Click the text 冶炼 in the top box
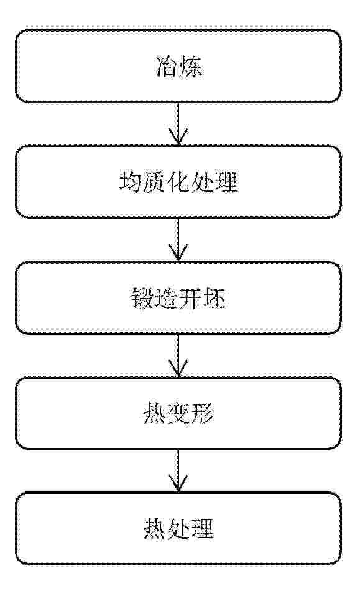click(x=179, y=67)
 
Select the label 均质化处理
click(x=178, y=182)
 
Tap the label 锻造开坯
click(x=178, y=298)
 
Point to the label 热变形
click(x=178, y=414)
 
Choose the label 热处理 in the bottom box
click(x=178, y=529)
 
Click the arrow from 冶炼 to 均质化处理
click(x=178, y=124)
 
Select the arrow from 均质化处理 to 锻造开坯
click(x=178, y=240)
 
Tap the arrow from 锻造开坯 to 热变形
click(x=178, y=355)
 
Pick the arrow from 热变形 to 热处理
click(x=178, y=471)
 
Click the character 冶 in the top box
click(x=167, y=67)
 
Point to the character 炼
click(x=191, y=67)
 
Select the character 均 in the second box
click(x=131, y=182)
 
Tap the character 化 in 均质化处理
click(x=178, y=182)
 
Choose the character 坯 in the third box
click(x=215, y=298)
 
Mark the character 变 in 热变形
click(x=178, y=414)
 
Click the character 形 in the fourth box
click(x=203, y=414)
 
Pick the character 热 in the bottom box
click(x=155, y=529)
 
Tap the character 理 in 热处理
click(x=203, y=529)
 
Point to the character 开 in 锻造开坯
click(x=190, y=298)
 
